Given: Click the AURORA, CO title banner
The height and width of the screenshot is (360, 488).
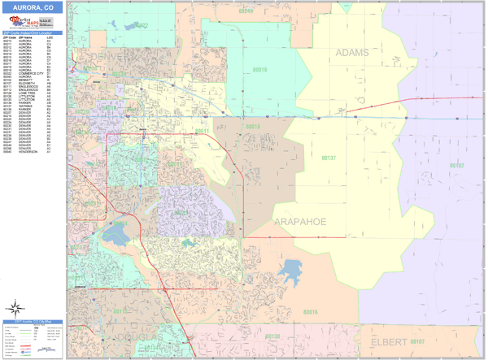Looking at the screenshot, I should point(33,7).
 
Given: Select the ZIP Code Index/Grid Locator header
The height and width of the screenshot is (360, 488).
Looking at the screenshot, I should point(33,33).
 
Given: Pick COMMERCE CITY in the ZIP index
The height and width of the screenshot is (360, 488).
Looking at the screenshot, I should point(30,73).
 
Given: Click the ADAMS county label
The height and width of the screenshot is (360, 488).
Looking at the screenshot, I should point(352,53).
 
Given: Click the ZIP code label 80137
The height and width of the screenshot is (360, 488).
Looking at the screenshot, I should point(328,158).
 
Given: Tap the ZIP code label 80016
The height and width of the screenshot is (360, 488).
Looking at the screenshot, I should point(309,312).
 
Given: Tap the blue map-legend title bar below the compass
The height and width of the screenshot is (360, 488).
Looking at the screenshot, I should point(33,322).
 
